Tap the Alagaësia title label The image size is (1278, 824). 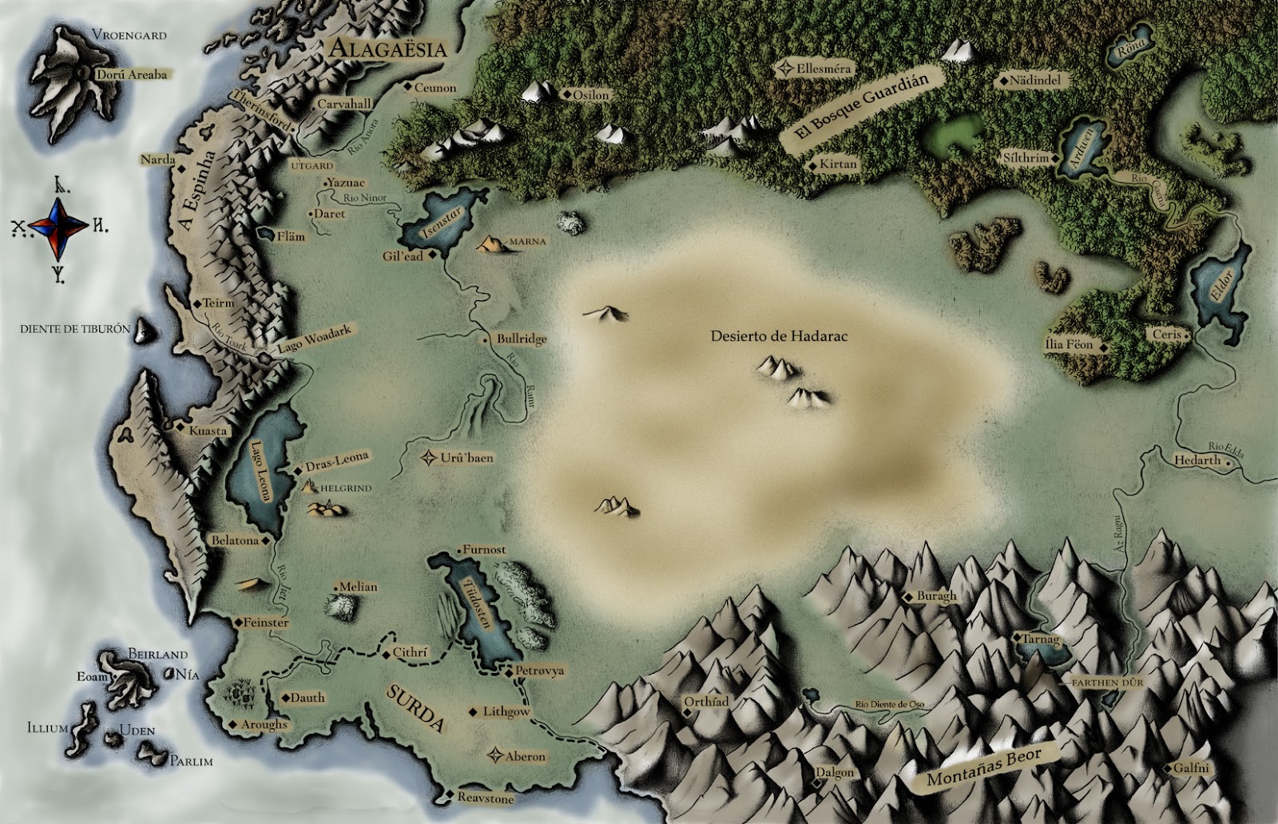(x=387, y=49)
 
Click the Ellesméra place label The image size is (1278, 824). (x=824, y=69)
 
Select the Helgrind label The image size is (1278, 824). (x=346, y=487)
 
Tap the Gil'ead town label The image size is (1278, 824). (x=403, y=257)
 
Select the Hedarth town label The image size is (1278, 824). (x=1197, y=460)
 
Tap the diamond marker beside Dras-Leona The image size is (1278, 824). (x=297, y=469)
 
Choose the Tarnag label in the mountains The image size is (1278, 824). (x=1042, y=640)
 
